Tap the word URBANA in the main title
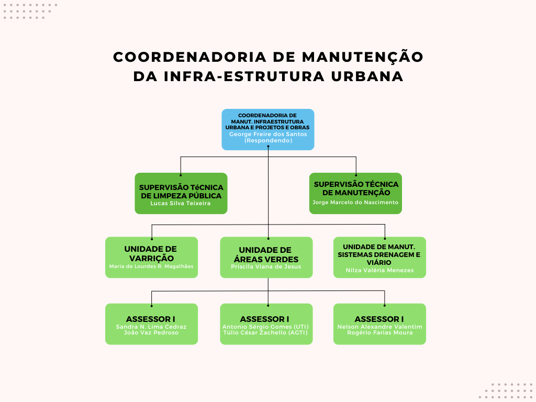pyautogui.click(x=367, y=76)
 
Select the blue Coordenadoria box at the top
pyautogui.click(x=268, y=130)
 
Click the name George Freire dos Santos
pyautogui.click(x=268, y=135)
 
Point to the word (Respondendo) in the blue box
pyautogui.click(x=268, y=140)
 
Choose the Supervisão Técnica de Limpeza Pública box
pyautogui.click(x=181, y=194)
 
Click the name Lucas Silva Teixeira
pyautogui.click(x=181, y=204)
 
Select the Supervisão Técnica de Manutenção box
pyautogui.click(x=355, y=194)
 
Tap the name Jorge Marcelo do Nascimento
pyautogui.click(x=355, y=203)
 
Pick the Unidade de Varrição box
pyautogui.click(x=151, y=258)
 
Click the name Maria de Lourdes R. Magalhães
pyautogui.click(x=151, y=266)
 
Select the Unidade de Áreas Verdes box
pyautogui.click(x=266, y=258)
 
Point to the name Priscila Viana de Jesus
pyautogui.click(x=266, y=266)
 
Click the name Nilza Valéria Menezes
pyautogui.click(x=380, y=271)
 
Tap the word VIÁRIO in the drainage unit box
pyautogui.click(x=379, y=263)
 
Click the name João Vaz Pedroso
pyautogui.click(x=151, y=332)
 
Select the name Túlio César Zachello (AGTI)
pyautogui.click(x=265, y=332)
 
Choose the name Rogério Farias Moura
pyautogui.click(x=380, y=332)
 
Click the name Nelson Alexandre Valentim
pyautogui.click(x=380, y=327)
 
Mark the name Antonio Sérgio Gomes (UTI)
pyautogui.click(x=265, y=327)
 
